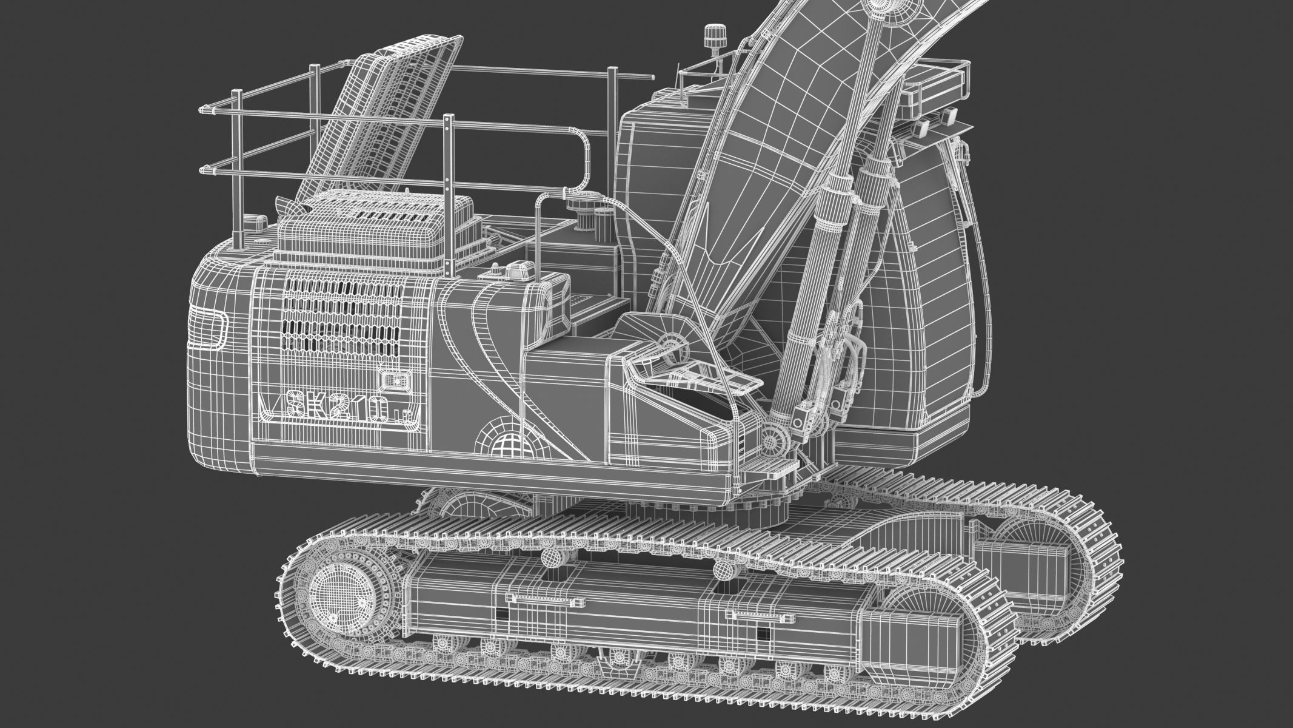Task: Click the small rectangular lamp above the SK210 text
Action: [x=392, y=381]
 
